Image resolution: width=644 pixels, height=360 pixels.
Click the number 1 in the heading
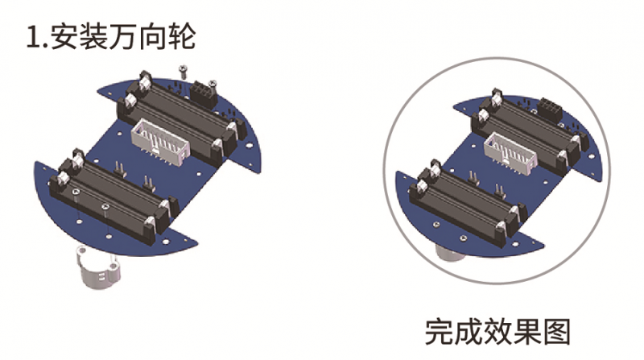click(32, 37)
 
